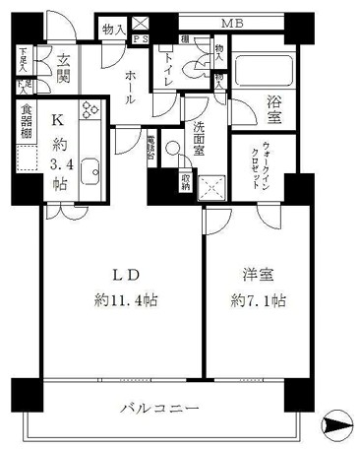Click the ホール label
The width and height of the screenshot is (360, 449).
[129, 87]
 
